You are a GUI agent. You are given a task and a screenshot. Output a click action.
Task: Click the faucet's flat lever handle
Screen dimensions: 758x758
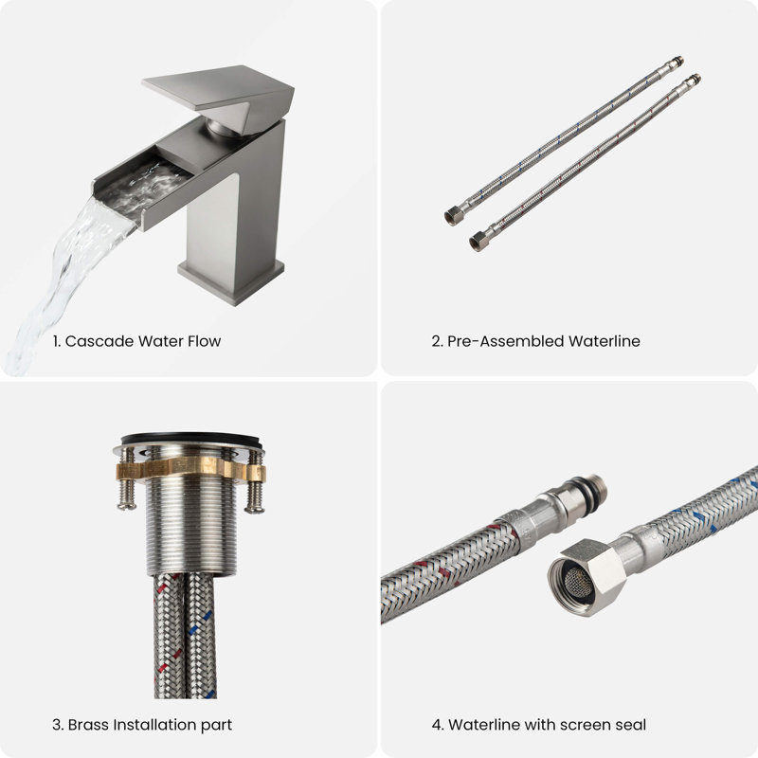[218, 89]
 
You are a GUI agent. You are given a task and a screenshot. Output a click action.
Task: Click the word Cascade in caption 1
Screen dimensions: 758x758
[99, 341]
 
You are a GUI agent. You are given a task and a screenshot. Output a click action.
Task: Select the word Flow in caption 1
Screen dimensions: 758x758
[204, 341]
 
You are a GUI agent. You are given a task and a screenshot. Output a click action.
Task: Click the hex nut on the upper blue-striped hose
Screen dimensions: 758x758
[454, 217]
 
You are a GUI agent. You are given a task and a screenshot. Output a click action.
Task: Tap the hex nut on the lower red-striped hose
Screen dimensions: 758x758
[478, 242]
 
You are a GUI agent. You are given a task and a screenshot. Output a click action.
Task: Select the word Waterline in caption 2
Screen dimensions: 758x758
[605, 341]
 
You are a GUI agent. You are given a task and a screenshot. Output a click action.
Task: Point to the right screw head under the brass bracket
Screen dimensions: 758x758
[254, 508]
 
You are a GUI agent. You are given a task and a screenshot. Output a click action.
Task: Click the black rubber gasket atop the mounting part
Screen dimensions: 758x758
[191, 440]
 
